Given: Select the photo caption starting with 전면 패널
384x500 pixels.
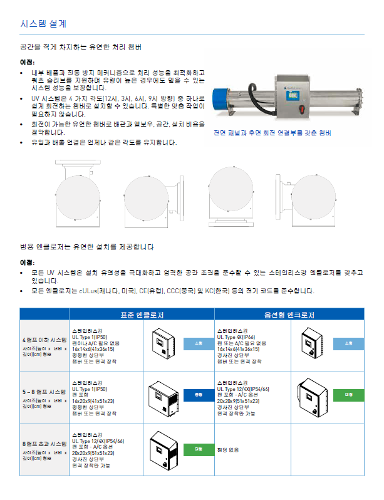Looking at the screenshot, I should (x=272, y=133).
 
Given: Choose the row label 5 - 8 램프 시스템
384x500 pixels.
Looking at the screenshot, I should (x=44, y=392).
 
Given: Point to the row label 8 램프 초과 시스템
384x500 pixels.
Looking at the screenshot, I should (x=44, y=444).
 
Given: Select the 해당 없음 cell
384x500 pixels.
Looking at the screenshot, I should (x=228, y=450).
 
